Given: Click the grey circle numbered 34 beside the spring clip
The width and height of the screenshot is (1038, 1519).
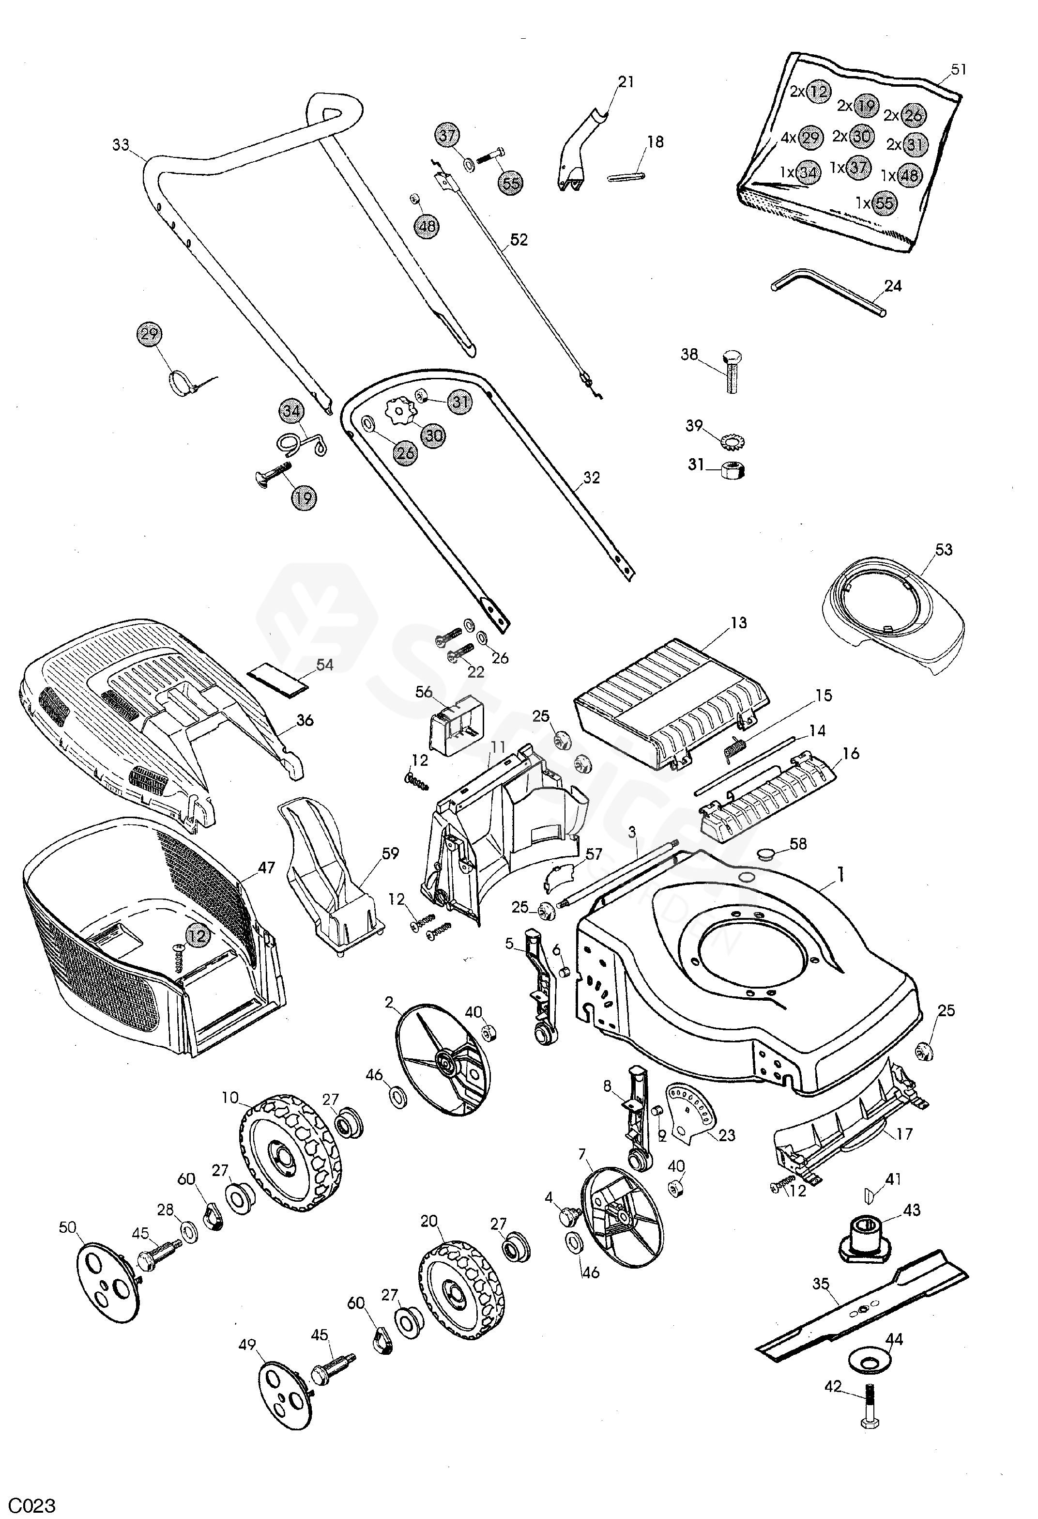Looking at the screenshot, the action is click(292, 412).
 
